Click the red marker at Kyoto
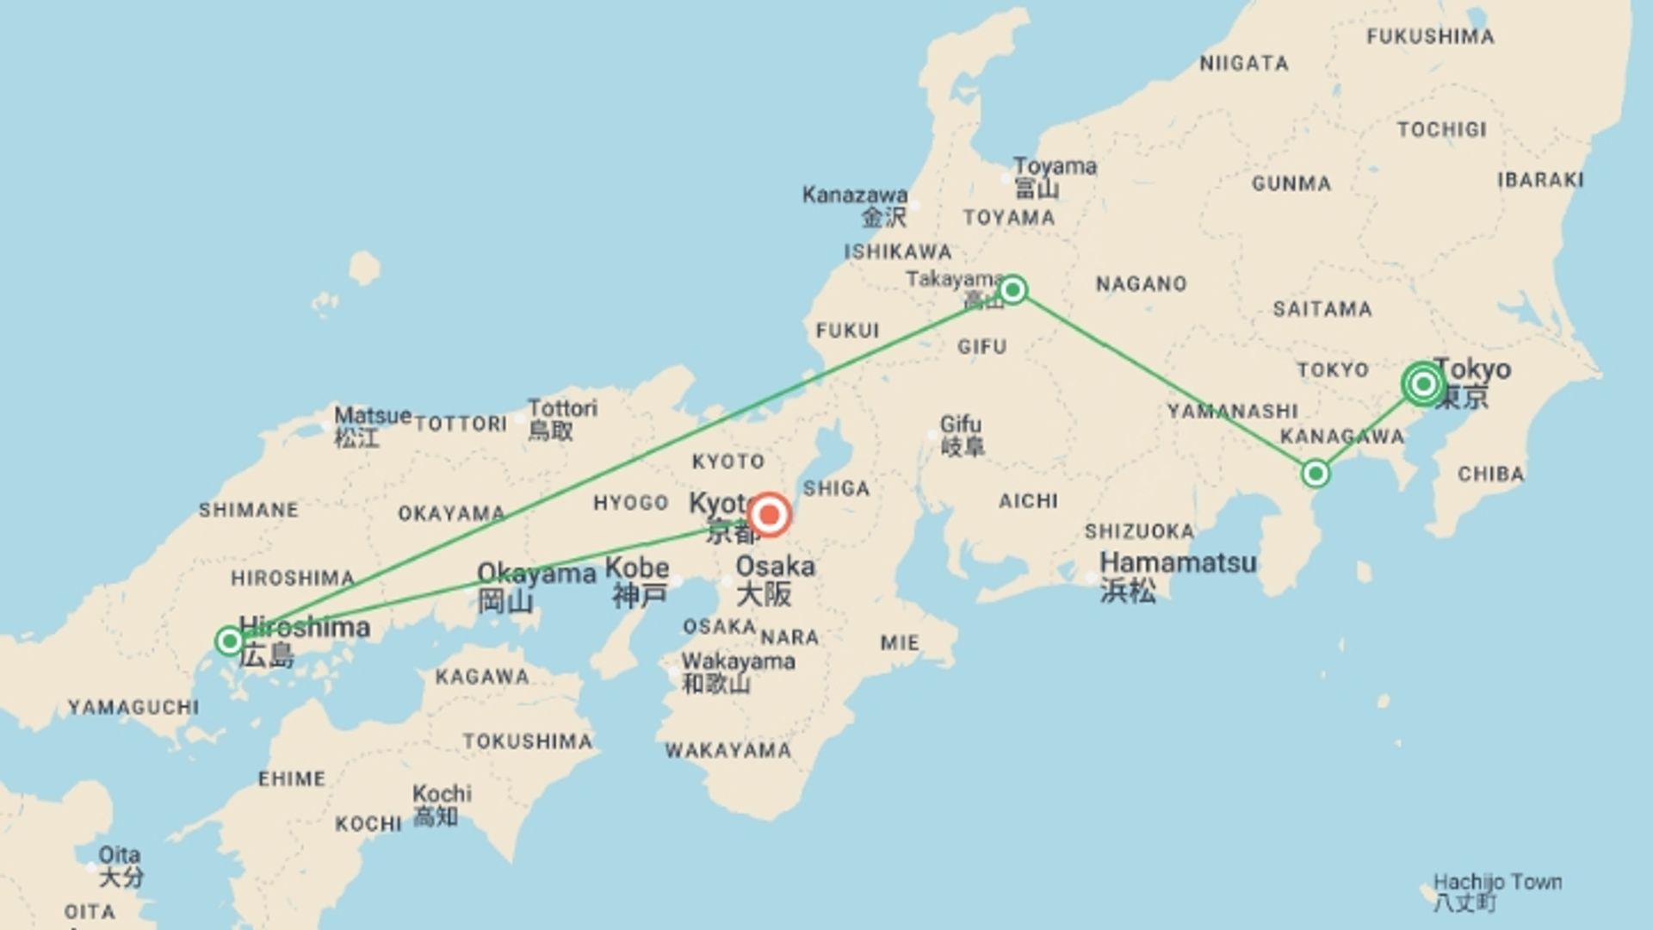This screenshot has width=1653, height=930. pyautogui.click(x=769, y=515)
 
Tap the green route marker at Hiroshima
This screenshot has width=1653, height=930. pyautogui.click(x=229, y=641)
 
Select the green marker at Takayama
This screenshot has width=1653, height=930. pyautogui.click(x=1012, y=289)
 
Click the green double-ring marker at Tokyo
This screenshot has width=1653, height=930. pyautogui.click(x=1423, y=383)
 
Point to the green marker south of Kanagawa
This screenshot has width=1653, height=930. pyautogui.click(x=1315, y=473)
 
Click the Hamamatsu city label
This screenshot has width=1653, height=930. pyautogui.click(x=1178, y=563)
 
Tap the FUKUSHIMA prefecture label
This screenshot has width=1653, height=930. pyautogui.click(x=1430, y=37)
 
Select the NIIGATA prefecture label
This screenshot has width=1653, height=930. pyautogui.click(x=1244, y=64)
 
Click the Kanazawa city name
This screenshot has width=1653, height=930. pyautogui.click(x=854, y=195)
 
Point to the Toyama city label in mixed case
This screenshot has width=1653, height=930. pyautogui.click(x=1055, y=166)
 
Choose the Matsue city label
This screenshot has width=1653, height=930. pyautogui.click(x=372, y=416)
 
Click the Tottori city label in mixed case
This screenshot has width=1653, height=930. pyautogui.click(x=562, y=408)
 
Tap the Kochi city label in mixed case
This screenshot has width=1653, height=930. pyautogui.click(x=442, y=793)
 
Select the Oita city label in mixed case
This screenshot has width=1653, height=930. pyautogui.click(x=119, y=855)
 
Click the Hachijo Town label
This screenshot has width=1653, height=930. pyautogui.click(x=1497, y=883)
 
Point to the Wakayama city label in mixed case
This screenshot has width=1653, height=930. pyautogui.click(x=738, y=661)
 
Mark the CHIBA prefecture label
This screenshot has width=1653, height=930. pyautogui.click(x=1490, y=474)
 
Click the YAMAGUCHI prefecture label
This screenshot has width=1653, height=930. pyautogui.click(x=133, y=708)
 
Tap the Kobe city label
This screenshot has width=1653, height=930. pyautogui.click(x=637, y=568)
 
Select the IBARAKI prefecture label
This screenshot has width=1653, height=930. pyautogui.click(x=1540, y=180)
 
